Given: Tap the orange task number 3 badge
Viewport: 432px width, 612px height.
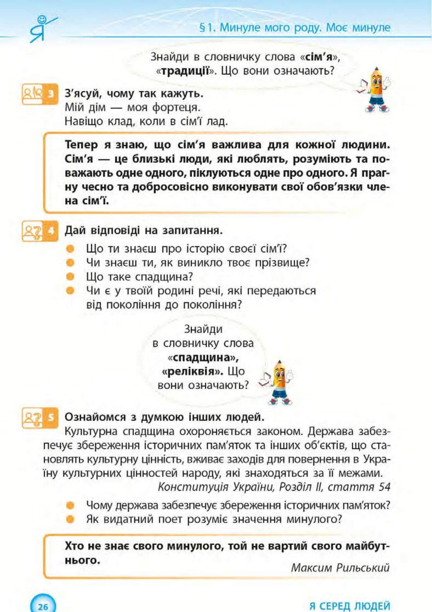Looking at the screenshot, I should pyautogui.click(x=51, y=94).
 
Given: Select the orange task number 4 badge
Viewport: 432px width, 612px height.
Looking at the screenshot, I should pyautogui.click(x=51, y=231).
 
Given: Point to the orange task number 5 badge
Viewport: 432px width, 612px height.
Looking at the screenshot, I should pyautogui.click(x=51, y=417).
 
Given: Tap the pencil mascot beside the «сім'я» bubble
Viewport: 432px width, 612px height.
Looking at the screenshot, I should pyautogui.click(x=376, y=90).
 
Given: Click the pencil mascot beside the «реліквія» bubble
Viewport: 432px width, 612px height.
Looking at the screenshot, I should pyautogui.click(x=278, y=383).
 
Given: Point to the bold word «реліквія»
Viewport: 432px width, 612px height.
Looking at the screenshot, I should pyautogui.click(x=192, y=372).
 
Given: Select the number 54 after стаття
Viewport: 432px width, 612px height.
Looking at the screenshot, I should pyautogui.click(x=384, y=487).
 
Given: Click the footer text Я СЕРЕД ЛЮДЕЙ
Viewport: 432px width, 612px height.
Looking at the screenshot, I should pyautogui.click(x=350, y=606).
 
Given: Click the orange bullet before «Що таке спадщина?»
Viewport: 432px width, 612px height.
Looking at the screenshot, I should pyautogui.click(x=70, y=277).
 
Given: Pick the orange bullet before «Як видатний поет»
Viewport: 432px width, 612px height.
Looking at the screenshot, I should pyautogui.click(x=70, y=519).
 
